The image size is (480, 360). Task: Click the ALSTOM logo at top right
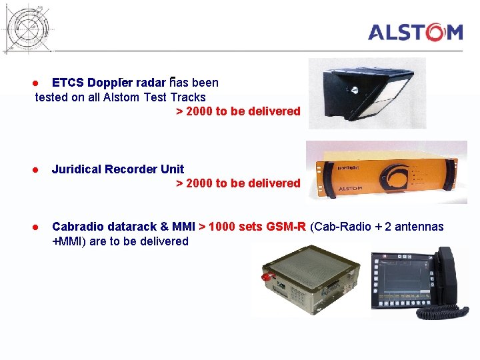click(x=415, y=33)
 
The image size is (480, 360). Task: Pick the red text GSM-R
click(x=285, y=227)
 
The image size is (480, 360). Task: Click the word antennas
click(x=419, y=227)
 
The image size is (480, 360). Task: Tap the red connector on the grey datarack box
click(x=268, y=275)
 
